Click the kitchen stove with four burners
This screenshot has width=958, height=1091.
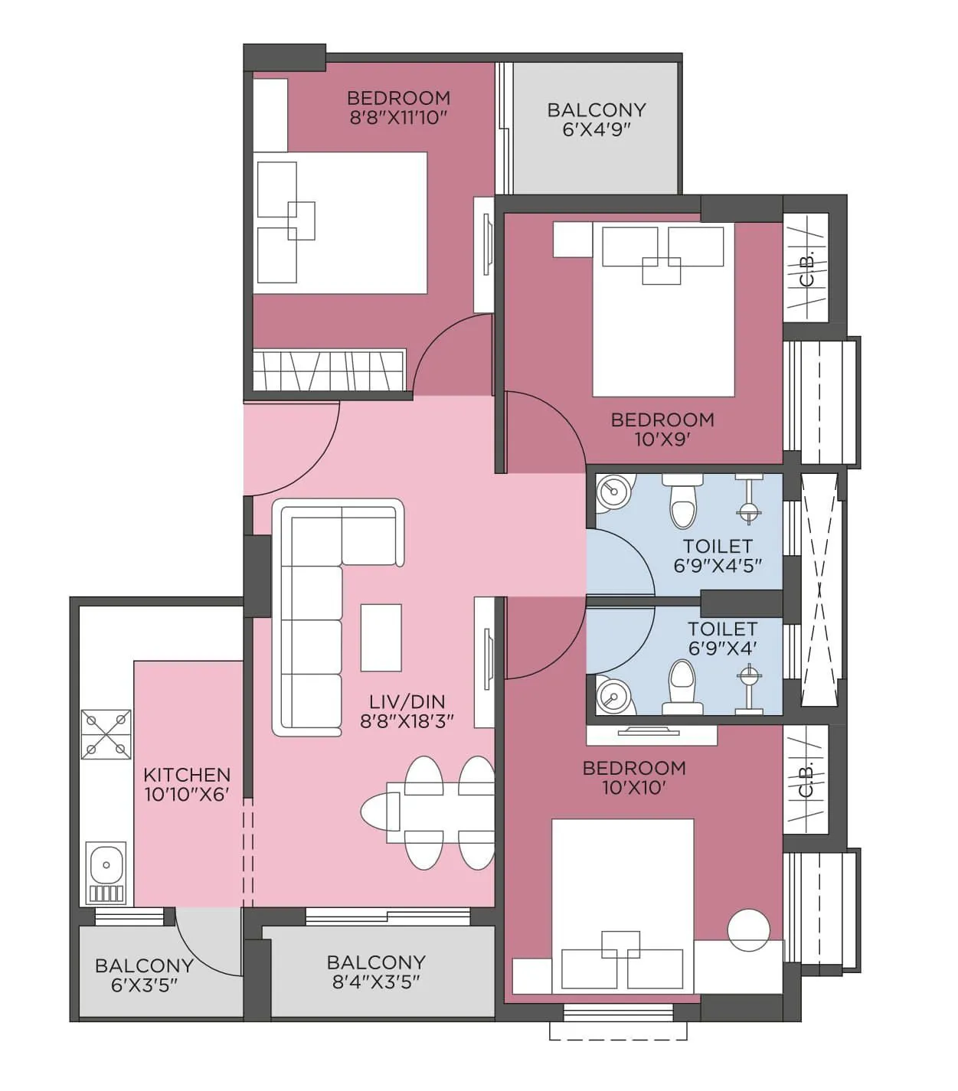(106, 735)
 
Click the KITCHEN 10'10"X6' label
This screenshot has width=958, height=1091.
(186, 785)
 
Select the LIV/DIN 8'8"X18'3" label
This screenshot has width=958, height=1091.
(407, 711)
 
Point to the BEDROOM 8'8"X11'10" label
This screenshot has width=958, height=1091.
(398, 107)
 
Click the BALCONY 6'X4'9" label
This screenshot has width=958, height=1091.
(596, 119)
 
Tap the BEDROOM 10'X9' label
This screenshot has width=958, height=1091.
(662, 430)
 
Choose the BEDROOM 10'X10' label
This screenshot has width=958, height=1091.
(633, 778)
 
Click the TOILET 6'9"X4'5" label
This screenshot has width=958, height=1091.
(718, 556)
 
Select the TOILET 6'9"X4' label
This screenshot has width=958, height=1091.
(721, 639)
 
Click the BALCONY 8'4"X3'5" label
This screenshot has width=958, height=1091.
(375, 972)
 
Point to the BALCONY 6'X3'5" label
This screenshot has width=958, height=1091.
(143, 975)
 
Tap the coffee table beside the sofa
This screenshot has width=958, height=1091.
(381, 638)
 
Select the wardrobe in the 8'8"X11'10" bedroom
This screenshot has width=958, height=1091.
(329, 371)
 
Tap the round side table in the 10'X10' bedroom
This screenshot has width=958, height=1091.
(748, 930)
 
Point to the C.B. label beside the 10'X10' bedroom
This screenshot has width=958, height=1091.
(806, 778)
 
